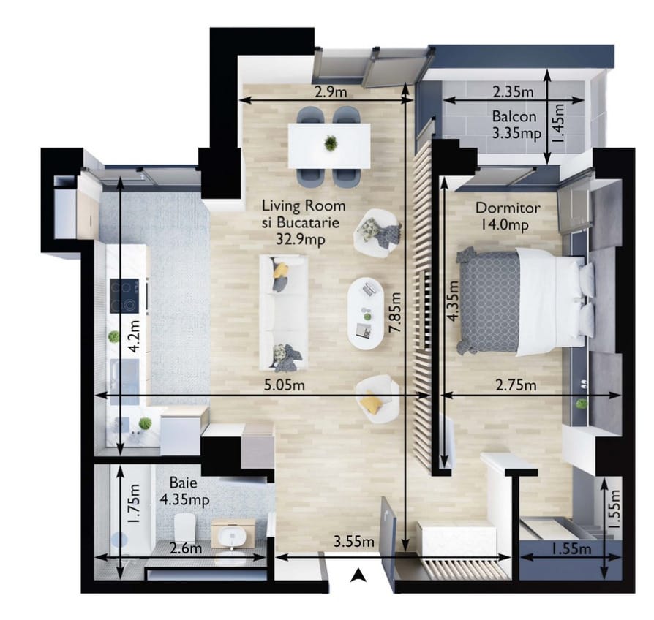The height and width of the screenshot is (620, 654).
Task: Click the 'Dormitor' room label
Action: [508, 208]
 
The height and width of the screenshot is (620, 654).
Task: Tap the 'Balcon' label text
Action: [514, 116]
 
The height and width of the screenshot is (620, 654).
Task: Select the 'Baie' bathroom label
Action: [183, 483]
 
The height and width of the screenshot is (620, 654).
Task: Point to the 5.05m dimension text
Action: [285, 385]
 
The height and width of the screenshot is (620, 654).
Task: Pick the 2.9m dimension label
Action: [331, 91]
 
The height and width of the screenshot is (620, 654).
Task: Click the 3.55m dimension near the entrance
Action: [353, 542]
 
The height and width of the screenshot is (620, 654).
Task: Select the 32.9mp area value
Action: [301, 239]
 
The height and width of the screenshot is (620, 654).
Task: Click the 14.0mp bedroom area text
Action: [505, 225]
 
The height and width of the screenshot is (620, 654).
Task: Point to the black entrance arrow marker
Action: [358, 575]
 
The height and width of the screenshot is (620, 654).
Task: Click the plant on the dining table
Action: [331, 143]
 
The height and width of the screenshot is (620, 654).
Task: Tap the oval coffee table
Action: [366, 314]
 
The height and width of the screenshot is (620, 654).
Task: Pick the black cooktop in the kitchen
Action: [124, 296]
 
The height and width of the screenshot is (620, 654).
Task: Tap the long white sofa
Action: [284, 313]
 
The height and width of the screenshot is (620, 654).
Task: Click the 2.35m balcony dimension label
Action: [513, 91]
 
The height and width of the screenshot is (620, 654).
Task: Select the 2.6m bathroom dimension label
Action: [186, 548]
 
